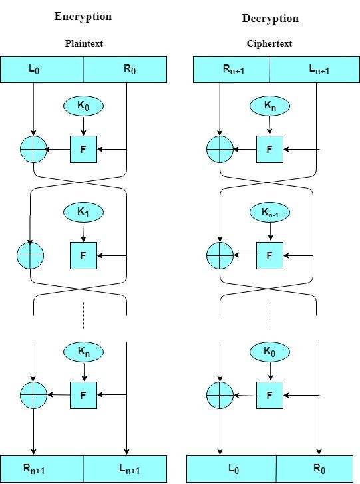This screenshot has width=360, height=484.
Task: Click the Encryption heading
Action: [x=83, y=17]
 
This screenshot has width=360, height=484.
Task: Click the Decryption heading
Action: [x=270, y=18]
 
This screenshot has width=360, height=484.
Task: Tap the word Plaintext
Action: [x=83, y=44]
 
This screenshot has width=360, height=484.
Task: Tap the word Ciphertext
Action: [x=270, y=44]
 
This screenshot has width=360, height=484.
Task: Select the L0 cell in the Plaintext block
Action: [x=42, y=68]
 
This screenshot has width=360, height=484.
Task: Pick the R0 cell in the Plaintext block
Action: [x=125, y=68]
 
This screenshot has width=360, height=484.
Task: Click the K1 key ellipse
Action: [x=83, y=213]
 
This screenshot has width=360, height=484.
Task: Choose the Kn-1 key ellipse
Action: [x=270, y=213]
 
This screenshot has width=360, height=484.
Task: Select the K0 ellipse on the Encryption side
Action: [x=83, y=105]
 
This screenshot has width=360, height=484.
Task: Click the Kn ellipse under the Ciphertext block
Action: [x=270, y=105]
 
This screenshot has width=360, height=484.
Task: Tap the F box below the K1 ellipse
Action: [x=83, y=255]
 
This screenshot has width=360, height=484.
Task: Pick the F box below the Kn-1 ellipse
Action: [x=270, y=255]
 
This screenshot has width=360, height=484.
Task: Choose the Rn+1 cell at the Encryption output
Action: [x=42, y=469]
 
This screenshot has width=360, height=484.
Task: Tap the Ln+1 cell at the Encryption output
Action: [x=125, y=469]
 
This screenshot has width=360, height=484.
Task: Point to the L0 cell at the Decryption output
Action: [x=232, y=469]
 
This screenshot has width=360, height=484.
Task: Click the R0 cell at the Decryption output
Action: [x=317, y=469]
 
